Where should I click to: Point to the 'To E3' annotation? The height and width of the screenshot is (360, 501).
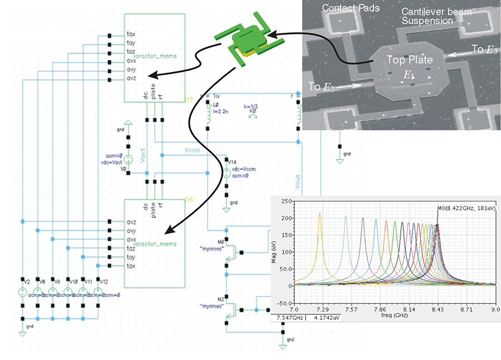tap(484, 50)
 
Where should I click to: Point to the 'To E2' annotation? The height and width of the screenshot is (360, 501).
tap(321, 86)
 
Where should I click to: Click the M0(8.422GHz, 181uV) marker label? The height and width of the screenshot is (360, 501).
tap(466, 208)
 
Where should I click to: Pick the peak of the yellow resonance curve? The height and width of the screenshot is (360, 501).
tap(320, 214)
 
